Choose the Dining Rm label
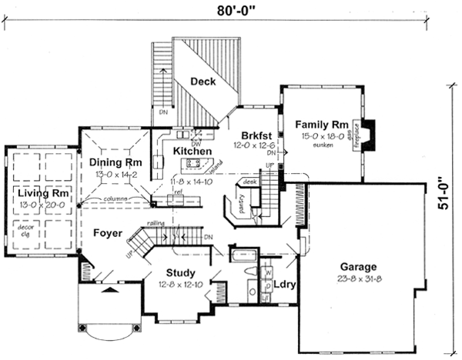point(115,162)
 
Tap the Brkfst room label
point(253,132)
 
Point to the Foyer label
point(105,232)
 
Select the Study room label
point(180,272)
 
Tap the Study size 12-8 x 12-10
point(180,284)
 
